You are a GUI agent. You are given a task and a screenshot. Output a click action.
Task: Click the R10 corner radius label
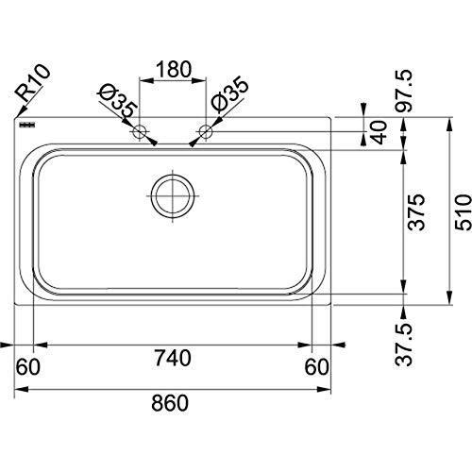[x=33, y=83]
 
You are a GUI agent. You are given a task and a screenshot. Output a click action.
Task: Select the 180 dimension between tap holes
[x=174, y=69]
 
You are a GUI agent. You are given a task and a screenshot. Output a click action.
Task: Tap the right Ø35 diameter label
[x=230, y=94]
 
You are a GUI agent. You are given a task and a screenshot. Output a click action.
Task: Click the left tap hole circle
[x=140, y=131]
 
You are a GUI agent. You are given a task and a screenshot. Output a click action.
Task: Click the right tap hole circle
[x=206, y=131]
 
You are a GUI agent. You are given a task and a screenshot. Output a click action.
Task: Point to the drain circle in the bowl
[x=173, y=195]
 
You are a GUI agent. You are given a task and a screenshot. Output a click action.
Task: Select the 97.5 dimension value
[x=403, y=91]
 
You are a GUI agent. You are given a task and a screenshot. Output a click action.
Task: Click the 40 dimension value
[x=379, y=132]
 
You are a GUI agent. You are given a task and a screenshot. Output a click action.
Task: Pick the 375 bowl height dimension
[x=416, y=212]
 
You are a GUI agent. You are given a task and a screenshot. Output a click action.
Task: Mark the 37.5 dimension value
[x=403, y=345]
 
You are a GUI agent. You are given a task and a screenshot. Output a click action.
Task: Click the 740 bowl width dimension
[x=173, y=358]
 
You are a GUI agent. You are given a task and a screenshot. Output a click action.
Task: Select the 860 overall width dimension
[x=170, y=403]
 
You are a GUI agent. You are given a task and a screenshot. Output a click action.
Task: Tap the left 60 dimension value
[x=28, y=367]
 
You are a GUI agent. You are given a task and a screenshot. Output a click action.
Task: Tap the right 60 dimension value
[x=316, y=367]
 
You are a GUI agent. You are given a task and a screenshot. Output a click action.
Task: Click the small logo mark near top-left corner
[x=27, y=125]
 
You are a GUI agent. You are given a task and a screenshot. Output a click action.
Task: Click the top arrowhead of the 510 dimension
[x=450, y=124]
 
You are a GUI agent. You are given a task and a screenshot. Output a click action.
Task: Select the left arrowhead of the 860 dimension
[x=22, y=390]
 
